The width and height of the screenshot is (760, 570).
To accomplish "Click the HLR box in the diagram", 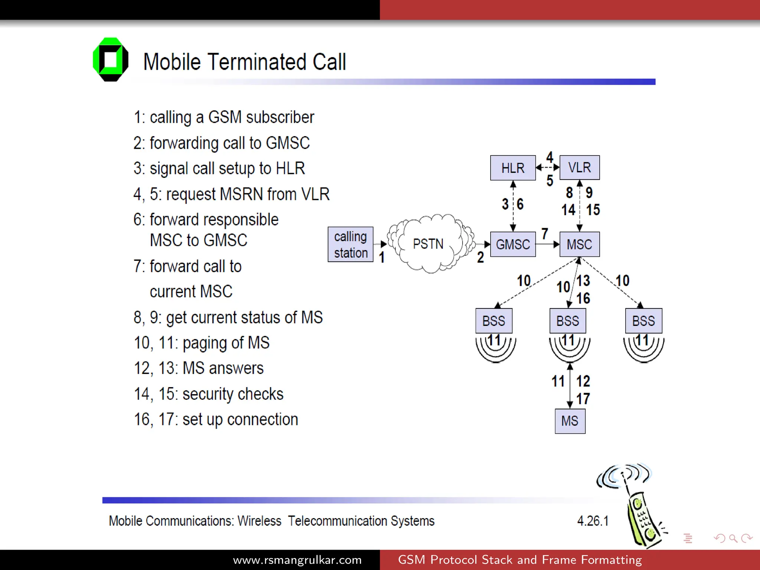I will pos(512,168).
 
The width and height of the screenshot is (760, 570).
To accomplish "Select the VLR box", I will pos(579,167).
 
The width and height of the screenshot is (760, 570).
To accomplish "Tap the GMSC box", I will pos(512,244).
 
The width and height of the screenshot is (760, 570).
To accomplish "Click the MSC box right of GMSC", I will pos(579,244).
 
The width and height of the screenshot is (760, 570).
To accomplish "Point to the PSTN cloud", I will pos(429,244).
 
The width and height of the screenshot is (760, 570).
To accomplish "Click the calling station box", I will pos(350,244).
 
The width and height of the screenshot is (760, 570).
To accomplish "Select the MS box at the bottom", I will pos(570,421).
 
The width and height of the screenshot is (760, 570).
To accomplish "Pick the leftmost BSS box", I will pos(494,321).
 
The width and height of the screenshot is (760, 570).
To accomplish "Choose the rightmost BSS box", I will pos(643,321).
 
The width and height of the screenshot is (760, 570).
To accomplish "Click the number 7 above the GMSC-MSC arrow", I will pos(544,234).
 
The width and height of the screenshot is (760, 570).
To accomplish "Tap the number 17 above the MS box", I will pos(583,399).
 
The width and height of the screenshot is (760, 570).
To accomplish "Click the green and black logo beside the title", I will pos(111,59).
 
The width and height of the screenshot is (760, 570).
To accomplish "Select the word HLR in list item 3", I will pos(290,168).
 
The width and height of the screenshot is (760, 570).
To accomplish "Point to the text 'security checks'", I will pos(233,394).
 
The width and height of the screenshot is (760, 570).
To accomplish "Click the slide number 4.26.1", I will pos(593,521).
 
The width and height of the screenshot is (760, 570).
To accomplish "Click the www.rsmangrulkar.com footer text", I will pos(297,560).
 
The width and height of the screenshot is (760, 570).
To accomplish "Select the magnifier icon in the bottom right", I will pos(733,538).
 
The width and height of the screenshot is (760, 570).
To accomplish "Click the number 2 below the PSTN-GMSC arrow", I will pos(481,257).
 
